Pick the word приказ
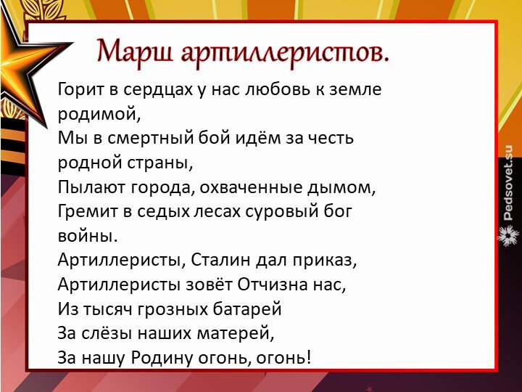(x=324, y=260)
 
